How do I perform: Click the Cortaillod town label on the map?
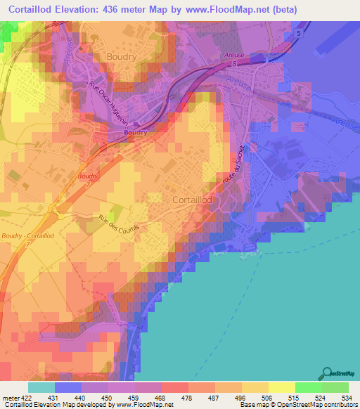point(192,200)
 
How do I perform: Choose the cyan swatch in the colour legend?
point(41,387)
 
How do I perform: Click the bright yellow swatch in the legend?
point(281,387)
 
